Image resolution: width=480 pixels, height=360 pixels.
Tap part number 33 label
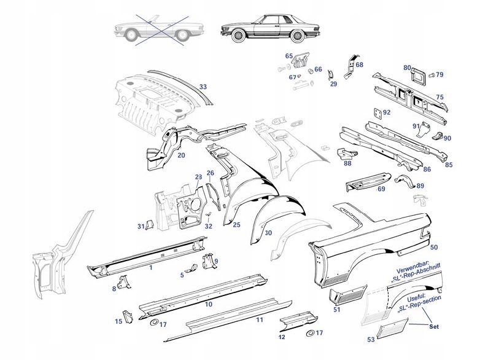[203, 87]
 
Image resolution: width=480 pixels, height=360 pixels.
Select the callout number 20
[181, 155]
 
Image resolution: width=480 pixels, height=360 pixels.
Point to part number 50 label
[433, 247]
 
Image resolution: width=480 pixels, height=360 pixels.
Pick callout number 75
[439, 97]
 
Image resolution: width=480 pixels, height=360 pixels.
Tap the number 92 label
[386, 112]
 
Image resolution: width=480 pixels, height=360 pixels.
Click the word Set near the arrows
[435, 327]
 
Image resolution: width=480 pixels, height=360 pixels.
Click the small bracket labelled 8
[126, 282]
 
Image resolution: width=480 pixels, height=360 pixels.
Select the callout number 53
[370, 338]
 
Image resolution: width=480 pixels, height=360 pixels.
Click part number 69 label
[381, 189]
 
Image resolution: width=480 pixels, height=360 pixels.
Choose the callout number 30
[268, 233]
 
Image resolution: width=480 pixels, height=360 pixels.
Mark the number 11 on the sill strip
[260, 320]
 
